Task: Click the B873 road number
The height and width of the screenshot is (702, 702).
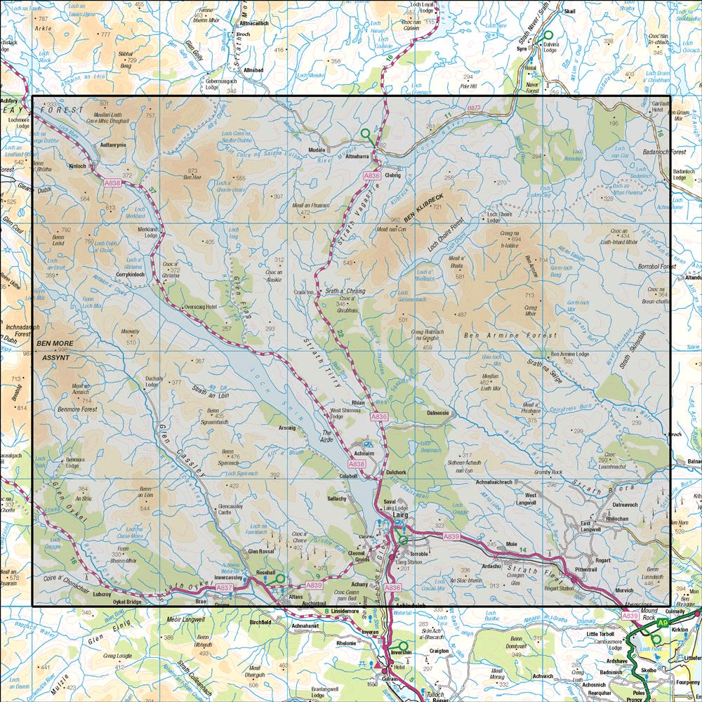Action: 475,107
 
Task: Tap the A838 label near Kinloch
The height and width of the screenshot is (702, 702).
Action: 112,183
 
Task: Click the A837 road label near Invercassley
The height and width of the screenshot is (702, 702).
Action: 224,587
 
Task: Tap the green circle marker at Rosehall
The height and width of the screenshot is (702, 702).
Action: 280,578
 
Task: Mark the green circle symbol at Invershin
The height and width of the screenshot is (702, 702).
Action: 403,646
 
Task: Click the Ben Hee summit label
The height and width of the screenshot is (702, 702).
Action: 193,178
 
